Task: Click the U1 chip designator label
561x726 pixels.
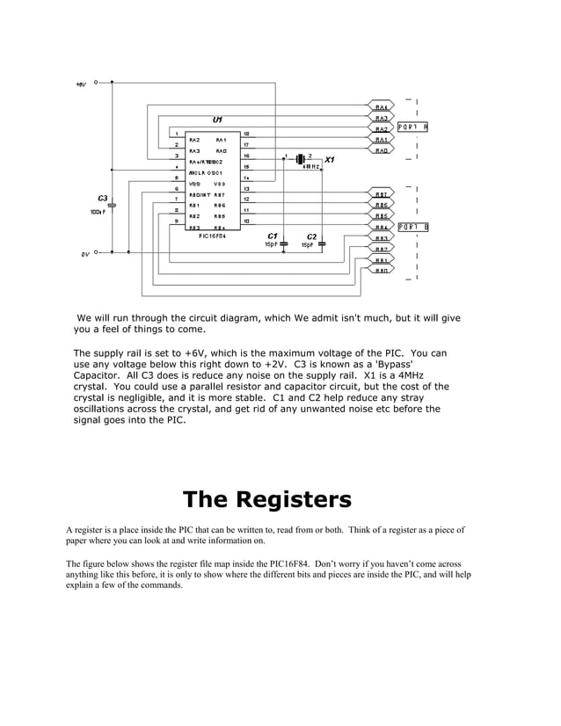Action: tap(217, 120)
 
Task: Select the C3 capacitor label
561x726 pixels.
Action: tap(103, 198)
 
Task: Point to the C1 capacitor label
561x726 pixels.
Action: tap(273, 236)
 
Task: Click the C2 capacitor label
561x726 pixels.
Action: tap(311, 236)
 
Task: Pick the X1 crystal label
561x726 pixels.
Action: tap(329, 160)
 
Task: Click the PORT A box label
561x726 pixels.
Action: tap(412, 127)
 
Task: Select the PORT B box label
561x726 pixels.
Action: tap(412, 227)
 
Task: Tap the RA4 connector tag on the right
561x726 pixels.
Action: tap(382, 106)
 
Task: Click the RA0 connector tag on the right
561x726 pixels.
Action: tap(382, 150)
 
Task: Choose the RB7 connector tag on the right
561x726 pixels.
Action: tap(382, 194)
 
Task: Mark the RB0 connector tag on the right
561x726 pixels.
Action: tap(382, 271)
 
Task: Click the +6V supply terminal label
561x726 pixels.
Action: tap(80, 84)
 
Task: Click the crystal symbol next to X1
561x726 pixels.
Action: tap(299, 159)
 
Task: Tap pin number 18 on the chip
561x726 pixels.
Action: tap(246, 133)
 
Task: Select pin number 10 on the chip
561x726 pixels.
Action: tap(246, 221)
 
